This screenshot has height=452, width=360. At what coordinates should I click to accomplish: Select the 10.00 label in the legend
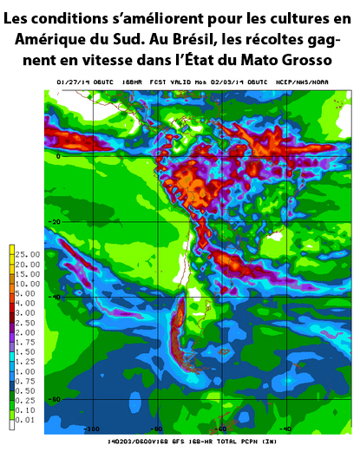coord(25,283)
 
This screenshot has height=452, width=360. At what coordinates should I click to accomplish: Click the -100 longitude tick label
coord(88,428)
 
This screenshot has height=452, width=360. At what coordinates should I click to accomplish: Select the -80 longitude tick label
coord(156,428)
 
